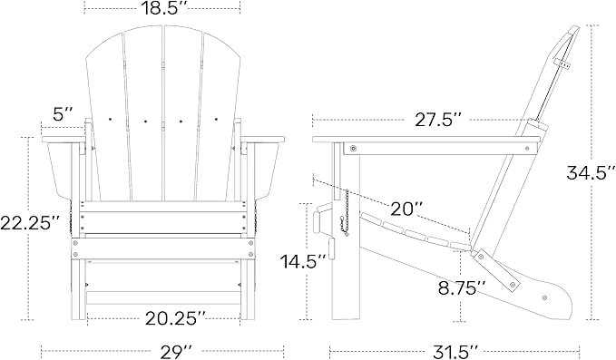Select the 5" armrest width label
point(62,114)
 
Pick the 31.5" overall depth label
point(451,349)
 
